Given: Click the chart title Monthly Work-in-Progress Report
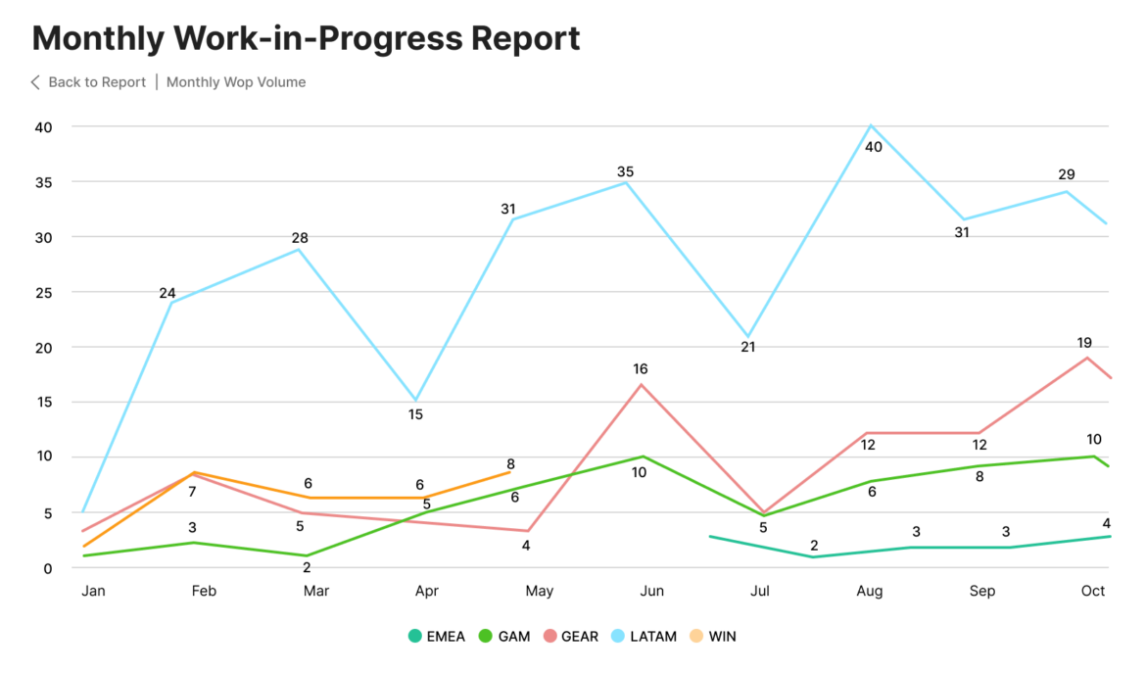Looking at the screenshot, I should [x=306, y=38].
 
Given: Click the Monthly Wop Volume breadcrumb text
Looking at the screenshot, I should [x=236, y=82].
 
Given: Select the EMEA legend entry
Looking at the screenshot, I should [x=437, y=636].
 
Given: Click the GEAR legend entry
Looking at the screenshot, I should [x=570, y=636].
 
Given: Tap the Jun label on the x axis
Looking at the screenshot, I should [x=651, y=591].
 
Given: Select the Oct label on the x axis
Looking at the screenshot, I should [x=1092, y=591].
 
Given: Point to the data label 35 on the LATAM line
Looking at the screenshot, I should [x=625, y=172].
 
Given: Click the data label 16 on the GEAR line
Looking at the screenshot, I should [x=641, y=369].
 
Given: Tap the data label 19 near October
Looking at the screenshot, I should [x=1084, y=343].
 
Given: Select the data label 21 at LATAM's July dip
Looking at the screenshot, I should [x=748, y=347].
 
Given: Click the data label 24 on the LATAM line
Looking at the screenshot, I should [x=167, y=293].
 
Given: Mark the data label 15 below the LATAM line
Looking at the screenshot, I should [x=415, y=414].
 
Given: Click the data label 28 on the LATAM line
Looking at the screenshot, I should [x=300, y=238].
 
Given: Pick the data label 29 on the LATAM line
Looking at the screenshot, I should [x=1067, y=174].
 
